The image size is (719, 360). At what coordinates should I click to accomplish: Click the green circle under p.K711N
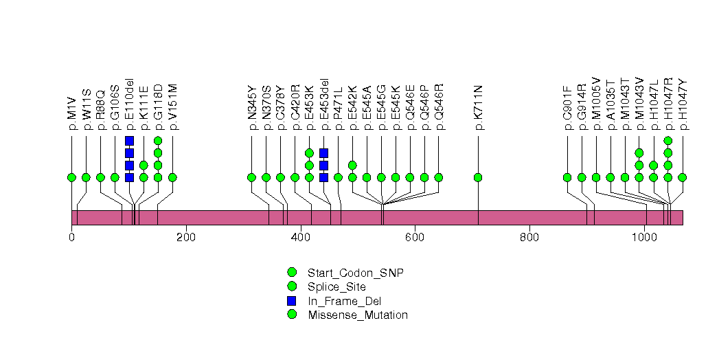(x=478, y=177)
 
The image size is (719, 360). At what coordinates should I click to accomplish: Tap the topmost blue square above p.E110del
(x=129, y=141)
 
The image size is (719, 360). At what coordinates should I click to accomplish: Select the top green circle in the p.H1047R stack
(x=667, y=141)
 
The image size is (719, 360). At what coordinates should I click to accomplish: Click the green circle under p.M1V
(x=71, y=177)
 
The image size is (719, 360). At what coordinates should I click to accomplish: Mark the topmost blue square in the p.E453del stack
(x=323, y=153)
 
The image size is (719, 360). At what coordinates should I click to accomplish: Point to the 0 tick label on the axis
(x=71, y=238)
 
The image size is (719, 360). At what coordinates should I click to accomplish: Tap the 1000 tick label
(x=644, y=238)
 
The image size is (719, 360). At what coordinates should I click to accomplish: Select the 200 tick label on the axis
(x=186, y=238)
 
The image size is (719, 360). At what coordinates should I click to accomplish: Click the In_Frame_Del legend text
(x=344, y=301)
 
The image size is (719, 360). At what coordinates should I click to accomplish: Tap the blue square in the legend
(x=291, y=301)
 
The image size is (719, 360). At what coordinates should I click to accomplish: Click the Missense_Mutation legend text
(x=357, y=315)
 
